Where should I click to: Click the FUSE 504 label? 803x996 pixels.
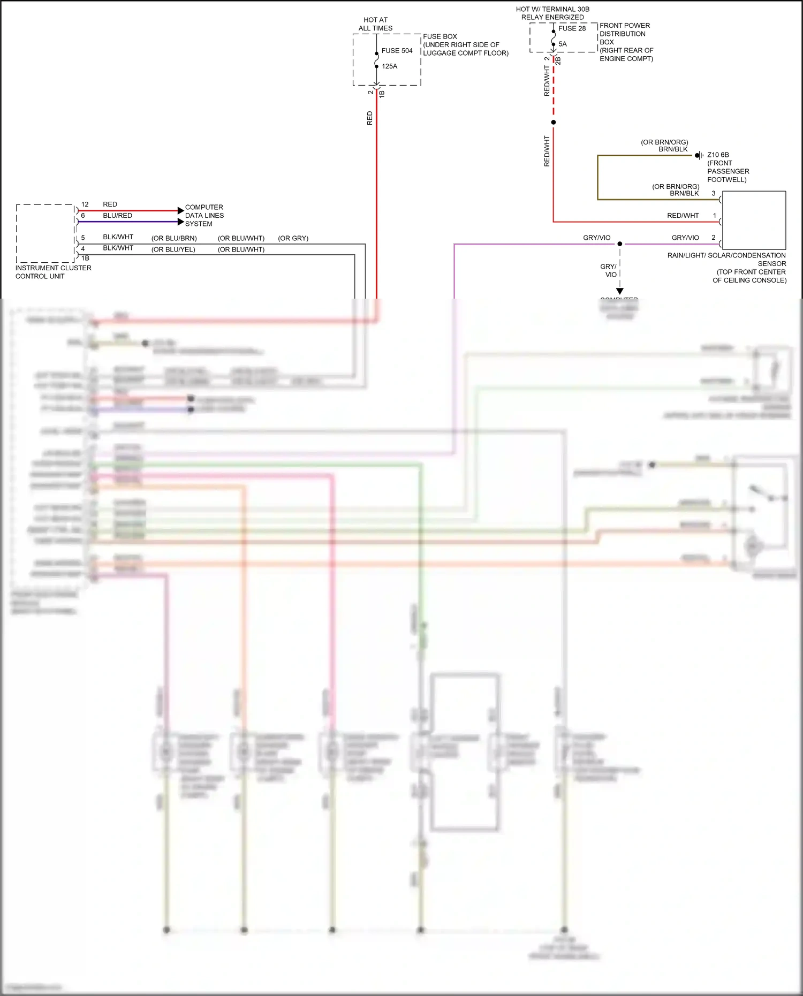pos(397,51)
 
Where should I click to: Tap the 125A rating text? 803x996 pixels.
pos(389,66)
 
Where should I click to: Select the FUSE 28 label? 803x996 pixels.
pos(572,28)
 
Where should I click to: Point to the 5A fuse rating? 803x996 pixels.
pos(562,44)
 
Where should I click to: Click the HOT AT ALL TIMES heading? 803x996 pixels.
pos(375,24)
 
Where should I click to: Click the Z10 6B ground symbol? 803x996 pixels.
pos(699,155)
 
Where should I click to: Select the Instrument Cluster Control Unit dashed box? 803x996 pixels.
pos(45,233)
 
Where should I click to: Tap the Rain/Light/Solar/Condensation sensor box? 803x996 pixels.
pos(754,220)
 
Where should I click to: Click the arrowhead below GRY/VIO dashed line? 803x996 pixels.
pos(620,291)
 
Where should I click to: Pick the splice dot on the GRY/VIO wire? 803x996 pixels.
pos(620,244)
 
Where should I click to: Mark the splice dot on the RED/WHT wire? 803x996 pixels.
pos(554,123)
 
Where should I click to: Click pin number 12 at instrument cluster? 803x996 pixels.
pos(85,204)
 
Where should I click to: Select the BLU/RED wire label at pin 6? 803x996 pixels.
pos(117,216)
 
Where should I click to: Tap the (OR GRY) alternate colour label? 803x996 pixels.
pos(293,238)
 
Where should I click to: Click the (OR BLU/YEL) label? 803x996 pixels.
pos(173,249)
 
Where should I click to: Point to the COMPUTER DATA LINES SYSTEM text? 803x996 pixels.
pos(204,215)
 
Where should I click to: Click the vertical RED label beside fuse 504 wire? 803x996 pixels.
pos(369,118)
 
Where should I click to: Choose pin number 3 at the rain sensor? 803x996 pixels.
pos(713,193)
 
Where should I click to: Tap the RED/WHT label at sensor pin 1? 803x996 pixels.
pos(683,216)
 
